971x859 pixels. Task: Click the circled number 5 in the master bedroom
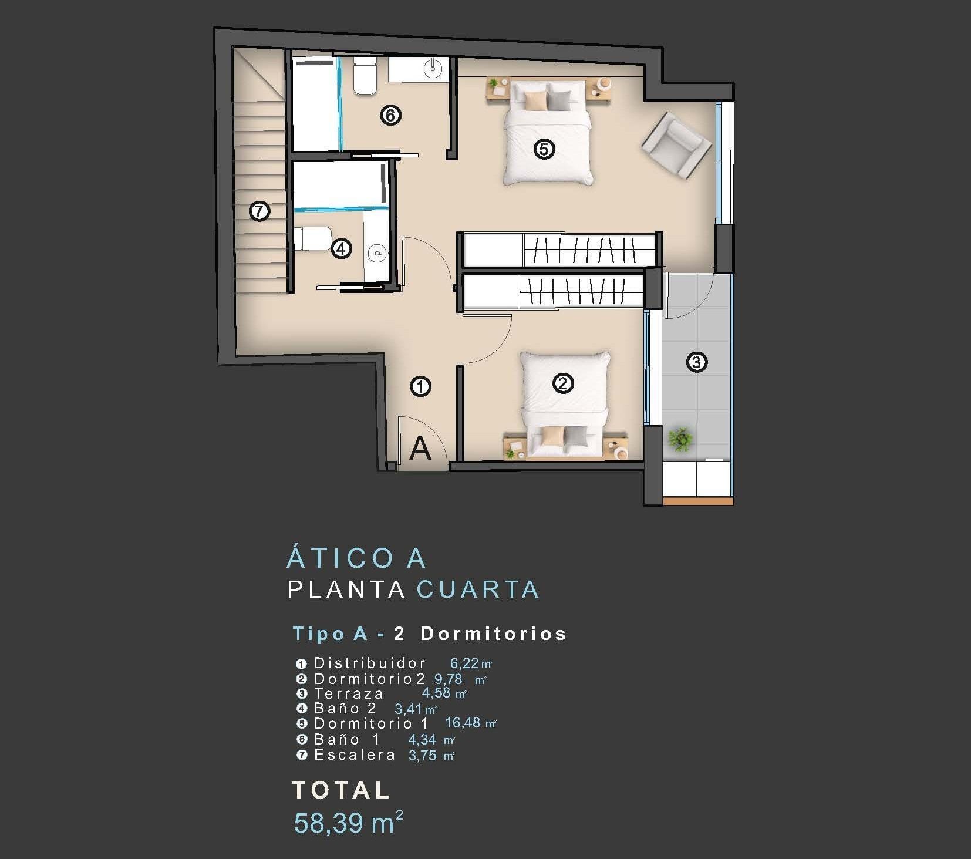[544, 149]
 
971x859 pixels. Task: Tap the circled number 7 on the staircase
[259, 211]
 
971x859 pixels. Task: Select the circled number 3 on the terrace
[696, 362]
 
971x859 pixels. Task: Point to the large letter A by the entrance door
[420, 449]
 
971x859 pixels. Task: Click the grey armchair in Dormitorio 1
[676, 145]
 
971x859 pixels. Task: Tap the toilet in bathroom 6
[365, 76]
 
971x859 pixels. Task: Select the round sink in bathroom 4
[377, 254]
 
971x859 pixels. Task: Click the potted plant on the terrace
[680, 439]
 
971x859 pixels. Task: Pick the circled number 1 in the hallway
[420, 386]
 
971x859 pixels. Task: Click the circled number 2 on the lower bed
[562, 383]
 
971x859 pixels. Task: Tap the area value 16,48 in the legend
[463, 722]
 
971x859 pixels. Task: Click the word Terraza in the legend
[349, 693]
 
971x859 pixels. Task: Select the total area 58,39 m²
[348, 823]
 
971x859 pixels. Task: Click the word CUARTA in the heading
[477, 589]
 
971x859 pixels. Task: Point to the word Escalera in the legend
[355, 754]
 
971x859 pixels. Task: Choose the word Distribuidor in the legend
[370, 663]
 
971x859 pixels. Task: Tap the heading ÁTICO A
[356, 558]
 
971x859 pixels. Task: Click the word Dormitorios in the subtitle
[493, 634]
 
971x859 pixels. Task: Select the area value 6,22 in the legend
[464, 663]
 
